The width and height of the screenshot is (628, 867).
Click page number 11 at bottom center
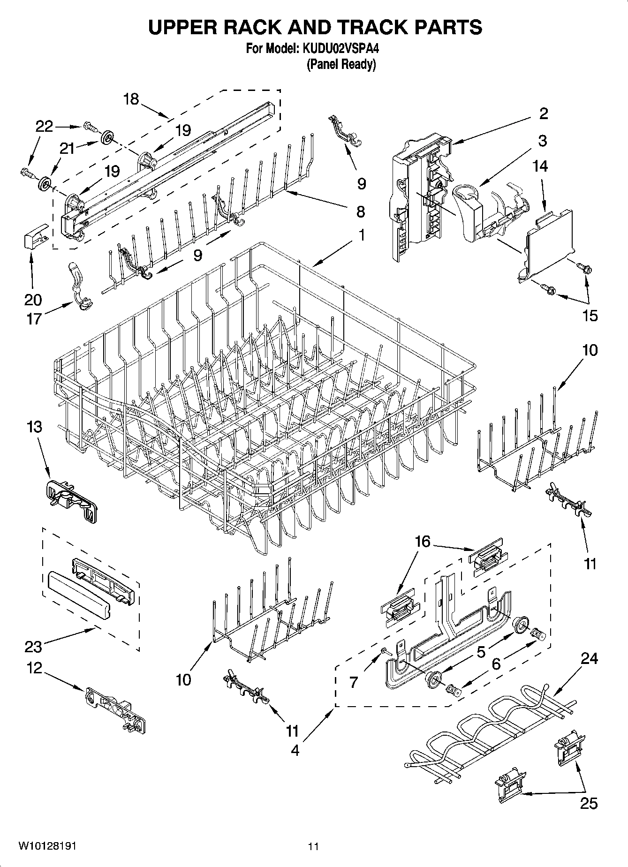coord(313,846)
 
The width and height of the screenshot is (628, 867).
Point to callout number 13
coord(34,427)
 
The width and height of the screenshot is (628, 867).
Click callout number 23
coord(33,647)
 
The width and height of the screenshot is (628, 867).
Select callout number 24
coord(589,658)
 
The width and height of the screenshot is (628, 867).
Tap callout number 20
coord(33,299)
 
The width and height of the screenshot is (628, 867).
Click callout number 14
coord(540,166)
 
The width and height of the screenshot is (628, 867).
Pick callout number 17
coord(34,319)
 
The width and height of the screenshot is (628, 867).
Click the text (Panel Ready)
coord(341,64)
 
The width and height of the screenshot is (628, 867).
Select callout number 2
coord(543,113)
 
